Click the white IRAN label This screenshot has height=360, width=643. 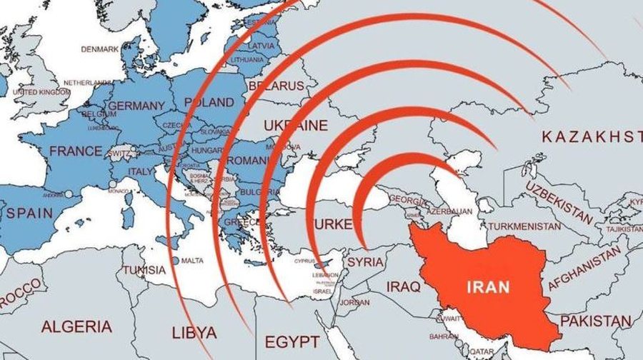coord(489,288)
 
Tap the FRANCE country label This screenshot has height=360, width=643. coord(75,151)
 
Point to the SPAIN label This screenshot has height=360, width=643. coord(30,213)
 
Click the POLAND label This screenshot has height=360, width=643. coord(209,102)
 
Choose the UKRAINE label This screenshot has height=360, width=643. coord(295,126)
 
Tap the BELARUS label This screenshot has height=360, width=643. coord(276,86)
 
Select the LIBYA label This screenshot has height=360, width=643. coord(194,333)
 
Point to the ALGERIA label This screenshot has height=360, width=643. coord(76,327)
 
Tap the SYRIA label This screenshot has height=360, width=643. coord(366,262)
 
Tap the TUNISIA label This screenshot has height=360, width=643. coord(144,271)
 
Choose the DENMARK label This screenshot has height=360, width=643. coord(99,49)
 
